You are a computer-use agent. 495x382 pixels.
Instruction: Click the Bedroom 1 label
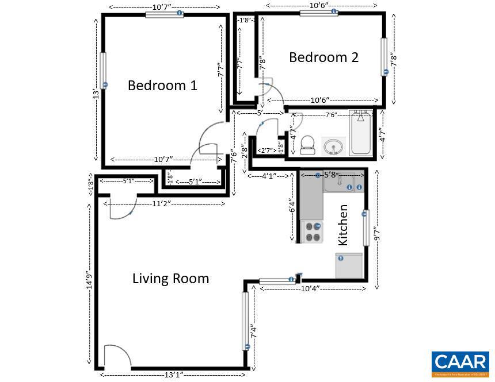[162, 86]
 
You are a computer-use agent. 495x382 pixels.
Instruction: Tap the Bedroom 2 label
[323, 57]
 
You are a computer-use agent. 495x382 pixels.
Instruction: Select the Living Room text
[170, 279]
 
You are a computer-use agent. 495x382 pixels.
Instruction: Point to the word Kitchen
[343, 225]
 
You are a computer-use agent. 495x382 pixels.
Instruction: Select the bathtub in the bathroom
[361, 133]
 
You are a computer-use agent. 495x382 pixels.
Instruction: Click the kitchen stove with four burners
[313, 231]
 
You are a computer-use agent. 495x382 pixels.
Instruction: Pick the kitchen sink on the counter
[343, 183]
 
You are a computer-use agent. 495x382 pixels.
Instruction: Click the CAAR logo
[460, 363]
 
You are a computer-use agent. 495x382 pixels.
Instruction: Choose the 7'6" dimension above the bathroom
[331, 115]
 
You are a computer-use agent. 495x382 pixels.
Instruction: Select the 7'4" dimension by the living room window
[253, 332]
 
